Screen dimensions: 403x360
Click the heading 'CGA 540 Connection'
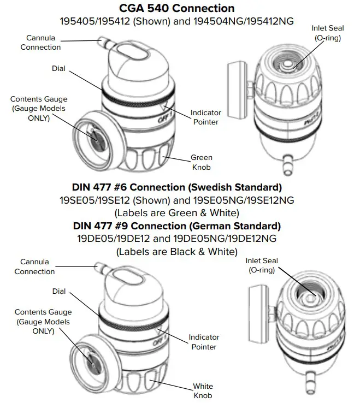[x=177, y=8]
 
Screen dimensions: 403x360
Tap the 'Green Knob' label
[x=201, y=162]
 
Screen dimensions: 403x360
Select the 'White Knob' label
[x=203, y=390]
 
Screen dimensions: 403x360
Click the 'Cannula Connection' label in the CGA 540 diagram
[x=40, y=43]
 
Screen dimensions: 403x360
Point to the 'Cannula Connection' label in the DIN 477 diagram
[x=34, y=267]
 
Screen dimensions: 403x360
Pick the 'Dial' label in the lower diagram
[x=59, y=291]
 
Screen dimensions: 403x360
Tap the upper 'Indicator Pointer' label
[x=205, y=117]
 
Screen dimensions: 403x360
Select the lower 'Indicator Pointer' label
[x=204, y=342]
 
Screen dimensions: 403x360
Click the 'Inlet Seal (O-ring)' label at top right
[x=328, y=33]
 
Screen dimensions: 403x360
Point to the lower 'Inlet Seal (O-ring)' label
[x=262, y=265]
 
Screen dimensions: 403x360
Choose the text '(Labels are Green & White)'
[x=177, y=212]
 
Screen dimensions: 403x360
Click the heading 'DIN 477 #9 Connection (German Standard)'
[x=177, y=226]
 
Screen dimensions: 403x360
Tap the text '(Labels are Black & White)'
[x=177, y=252]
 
